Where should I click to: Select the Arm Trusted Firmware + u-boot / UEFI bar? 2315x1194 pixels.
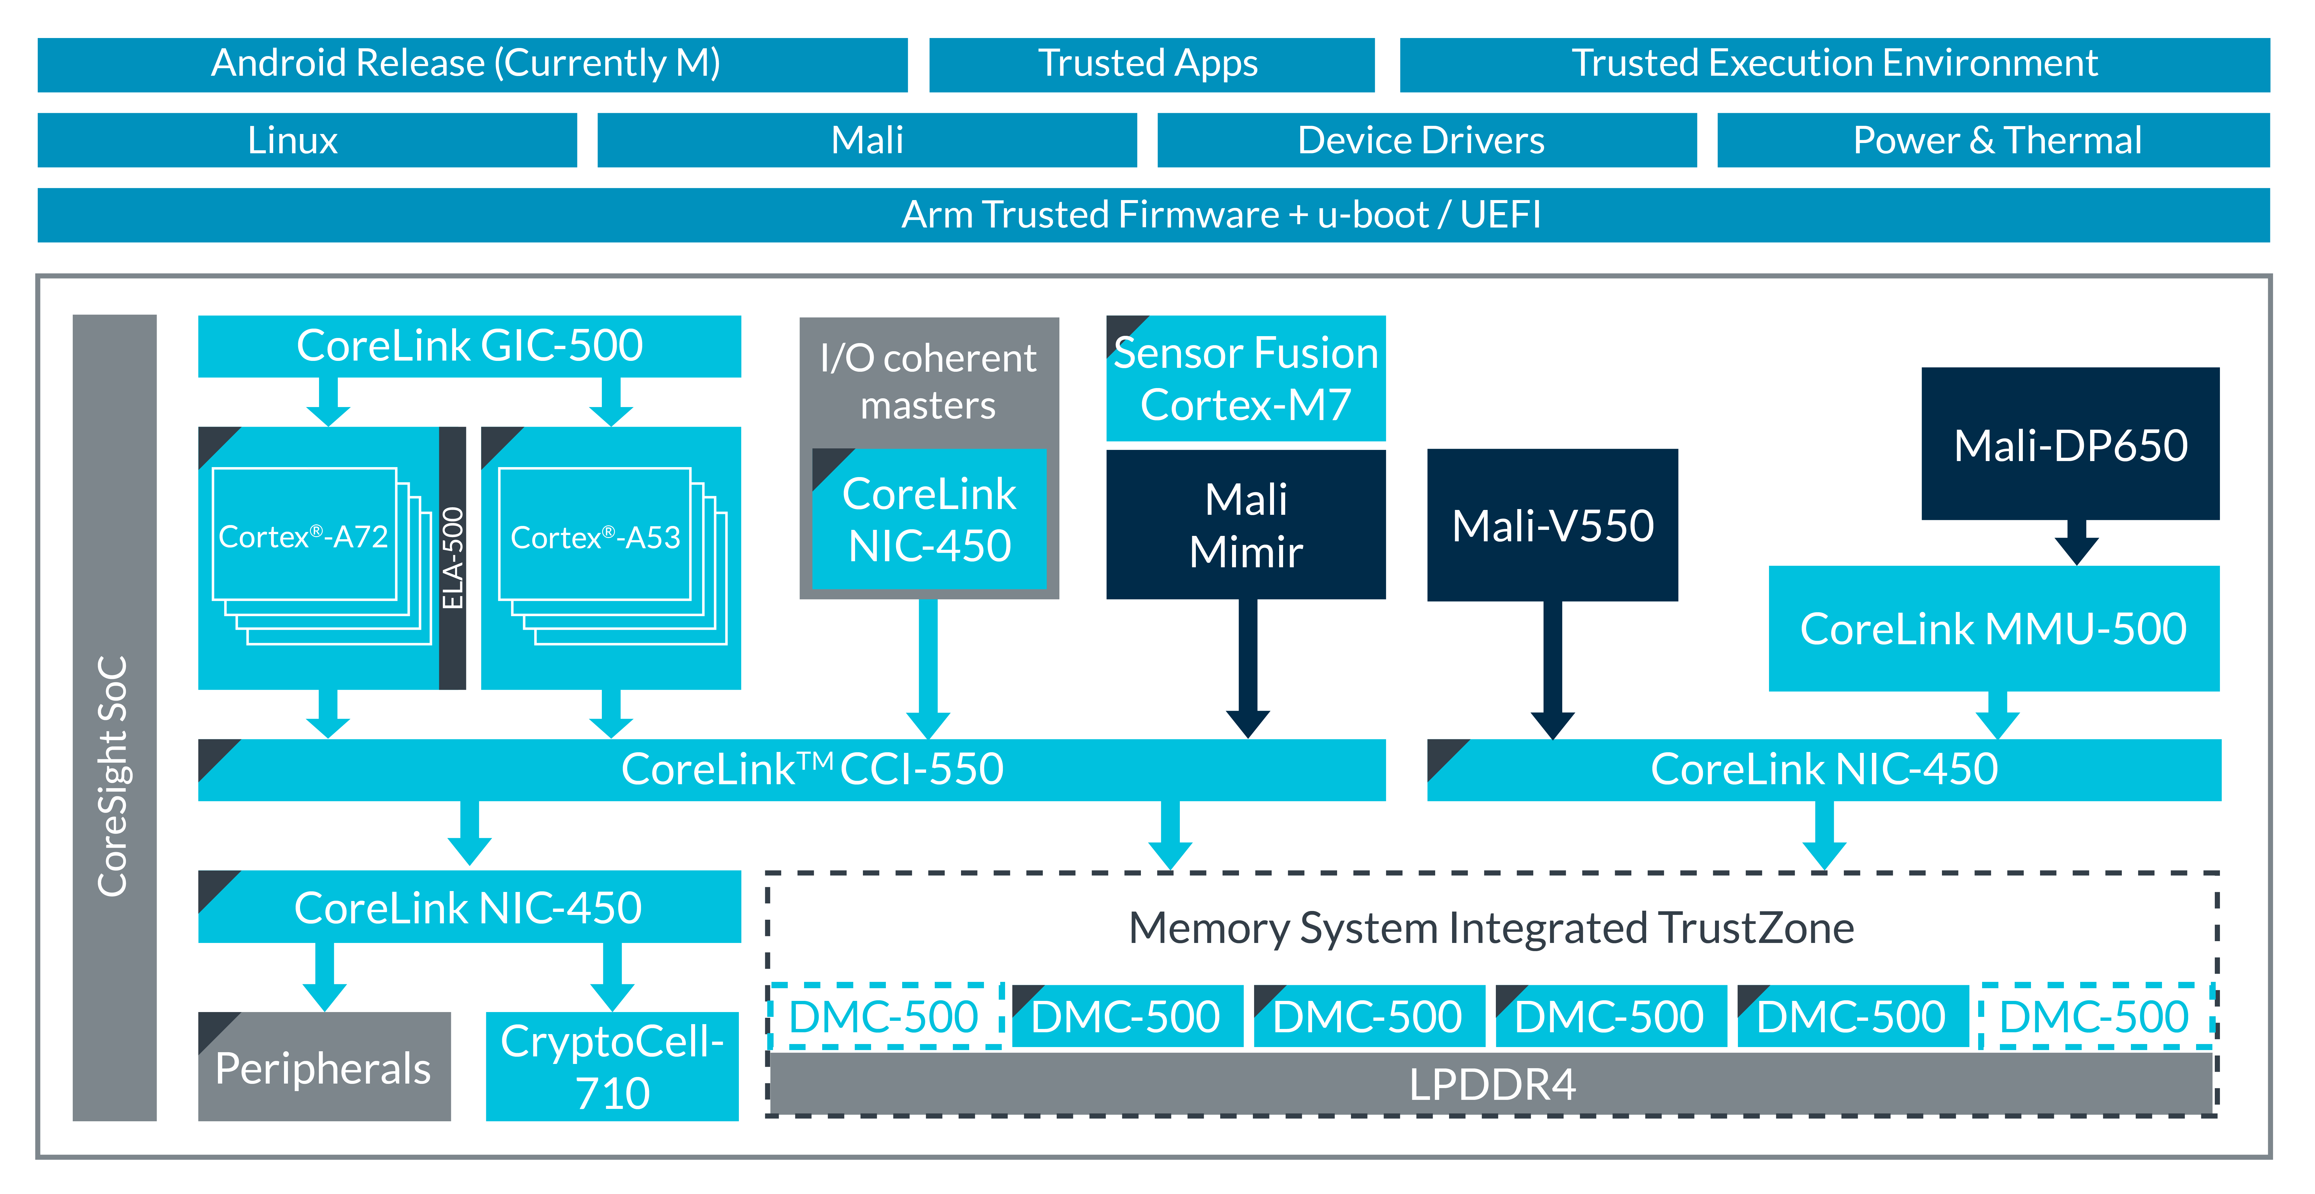(x=1153, y=215)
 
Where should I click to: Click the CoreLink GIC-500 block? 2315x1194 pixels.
(x=469, y=346)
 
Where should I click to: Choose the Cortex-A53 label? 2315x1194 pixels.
(x=595, y=537)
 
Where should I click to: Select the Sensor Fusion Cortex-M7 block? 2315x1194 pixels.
(x=1246, y=378)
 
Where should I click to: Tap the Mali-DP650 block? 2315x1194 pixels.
(x=2070, y=445)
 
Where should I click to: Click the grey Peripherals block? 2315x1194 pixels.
(x=324, y=1067)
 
